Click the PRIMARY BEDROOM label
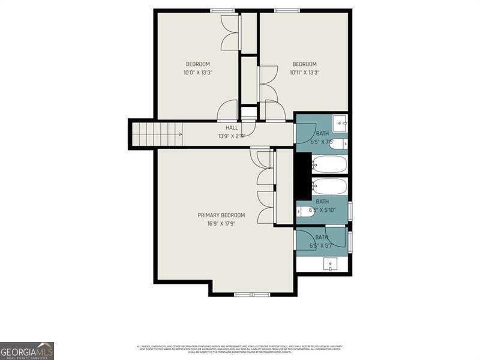tap(221, 215)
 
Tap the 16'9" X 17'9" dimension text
tap(221, 223)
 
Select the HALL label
tap(232, 128)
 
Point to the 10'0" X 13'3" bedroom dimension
tap(197, 73)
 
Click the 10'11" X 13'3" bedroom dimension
tap(304, 73)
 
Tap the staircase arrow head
tap(179, 134)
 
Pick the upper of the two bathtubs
tap(329, 164)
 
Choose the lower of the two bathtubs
tap(329, 186)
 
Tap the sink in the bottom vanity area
tap(330, 264)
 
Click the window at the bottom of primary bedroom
tap(252, 295)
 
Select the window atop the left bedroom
tap(223, 10)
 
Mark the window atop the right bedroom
tap(287, 10)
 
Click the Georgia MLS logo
tap(27, 350)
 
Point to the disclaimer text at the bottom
tap(240, 348)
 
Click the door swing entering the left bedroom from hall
tap(228, 112)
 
